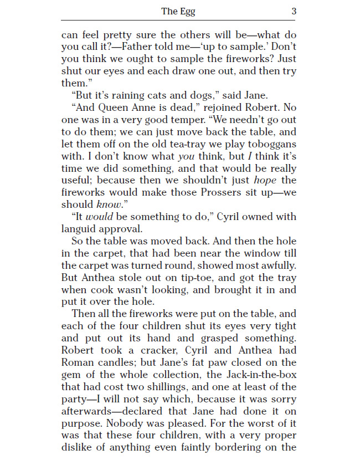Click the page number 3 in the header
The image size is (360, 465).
[x=294, y=11]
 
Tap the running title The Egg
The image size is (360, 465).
[x=178, y=11]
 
